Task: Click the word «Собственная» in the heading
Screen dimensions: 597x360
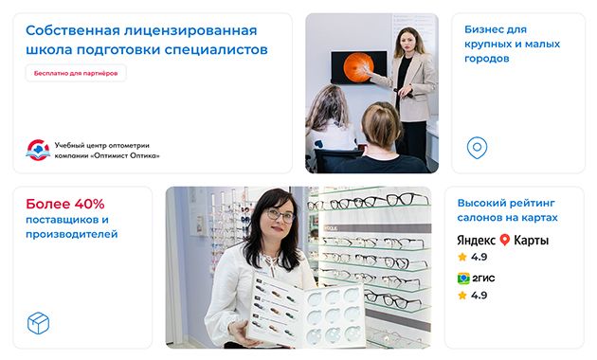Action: [73, 30]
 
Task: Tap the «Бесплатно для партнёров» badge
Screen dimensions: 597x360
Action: [76, 73]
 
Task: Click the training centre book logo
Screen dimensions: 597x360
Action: [38, 151]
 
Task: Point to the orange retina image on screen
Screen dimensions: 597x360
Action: [358, 67]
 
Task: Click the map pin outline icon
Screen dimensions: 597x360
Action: [477, 148]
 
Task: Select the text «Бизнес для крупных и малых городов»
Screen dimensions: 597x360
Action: [512, 44]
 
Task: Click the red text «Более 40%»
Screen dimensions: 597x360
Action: [65, 204]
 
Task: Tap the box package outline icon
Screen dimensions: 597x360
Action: [39, 323]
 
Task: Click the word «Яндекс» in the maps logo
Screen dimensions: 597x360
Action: [476, 240]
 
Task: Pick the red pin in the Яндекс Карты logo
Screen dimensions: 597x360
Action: [504, 240]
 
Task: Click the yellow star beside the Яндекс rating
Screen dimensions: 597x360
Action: [462, 257]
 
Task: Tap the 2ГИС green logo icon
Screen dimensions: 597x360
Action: [463, 279]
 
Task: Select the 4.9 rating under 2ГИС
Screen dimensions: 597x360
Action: [479, 296]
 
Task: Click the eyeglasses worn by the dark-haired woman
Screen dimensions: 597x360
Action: [280, 215]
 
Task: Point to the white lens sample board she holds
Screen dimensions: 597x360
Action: [306, 310]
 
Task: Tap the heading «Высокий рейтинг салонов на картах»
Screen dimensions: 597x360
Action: [507, 210]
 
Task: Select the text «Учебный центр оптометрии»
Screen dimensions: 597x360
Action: [102, 145]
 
